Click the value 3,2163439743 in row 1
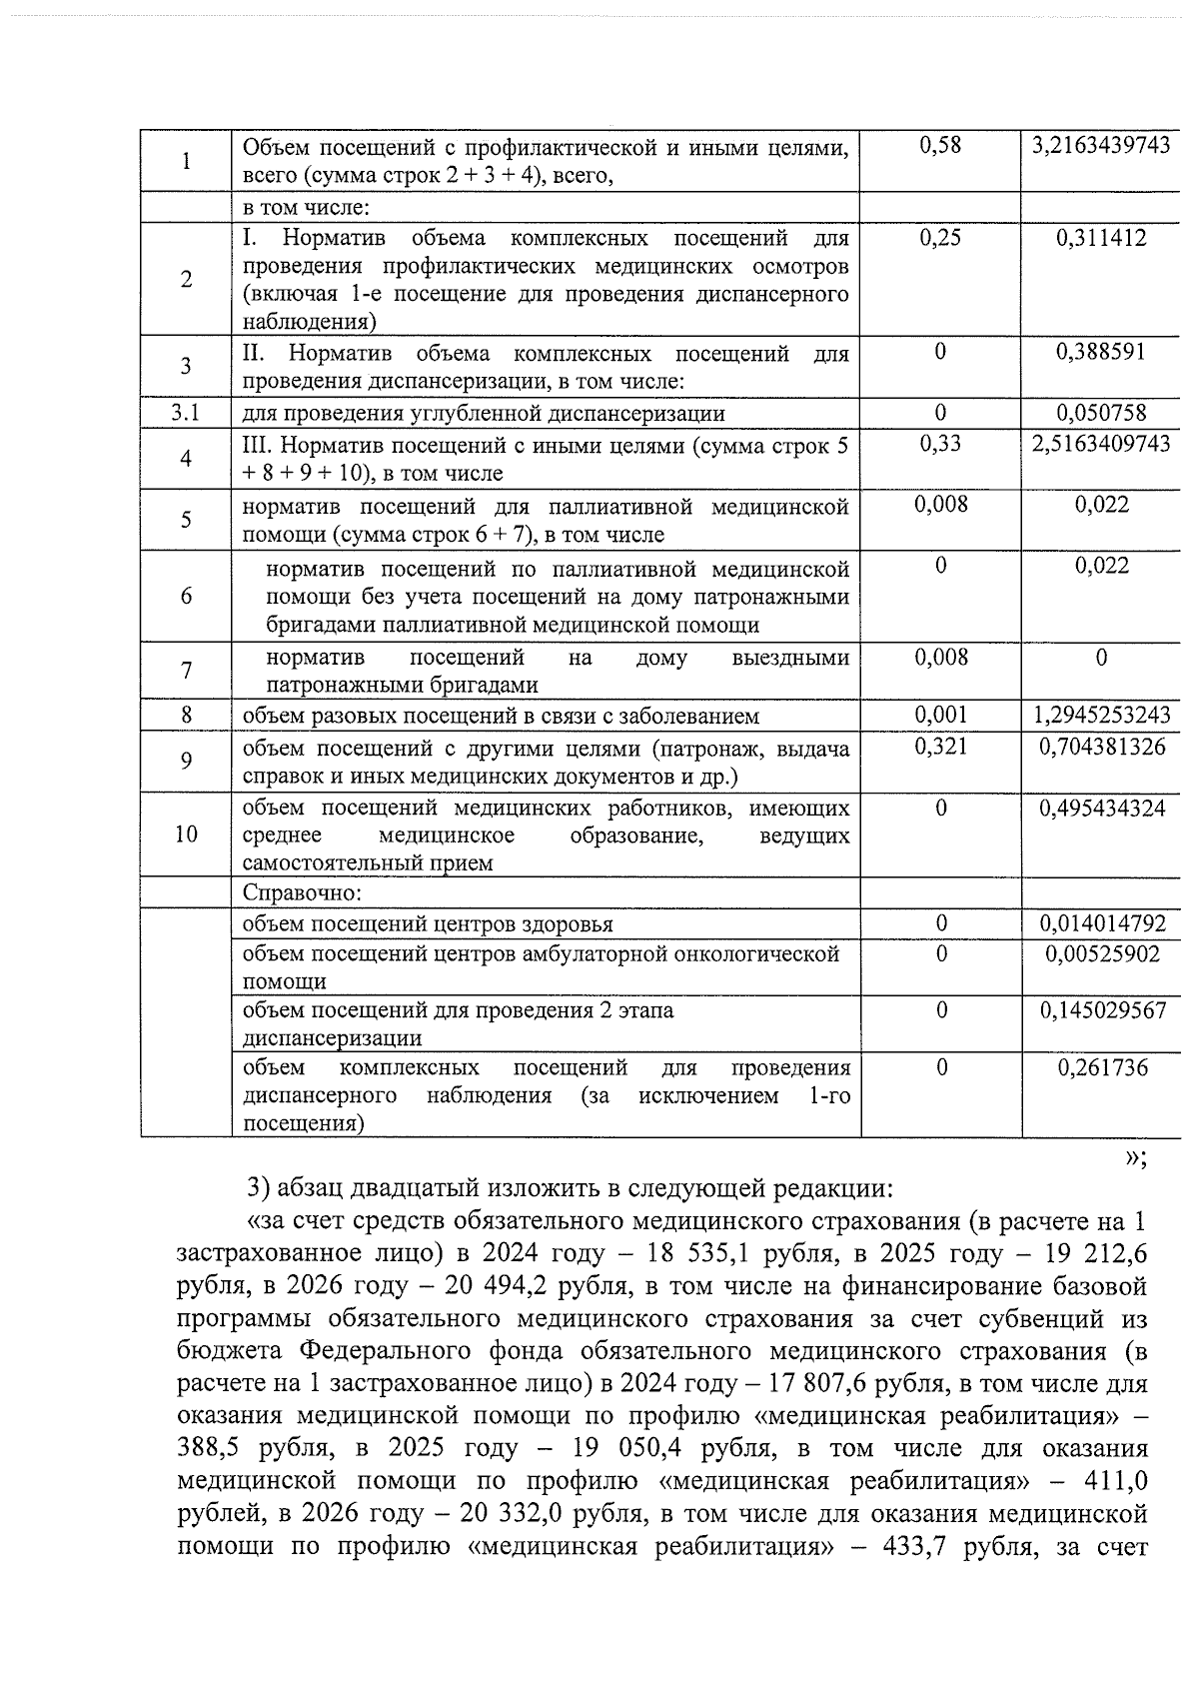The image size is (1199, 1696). click(x=1101, y=146)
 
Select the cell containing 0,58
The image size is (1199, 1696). click(x=939, y=146)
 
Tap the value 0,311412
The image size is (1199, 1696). click(x=1101, y=238)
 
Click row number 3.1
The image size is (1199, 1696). click(x=185, y=413)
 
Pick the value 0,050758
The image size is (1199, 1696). click(x=1101, y=413)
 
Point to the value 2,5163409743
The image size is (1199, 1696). click(x=1101, y=443)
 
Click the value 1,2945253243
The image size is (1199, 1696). click(x=1101, y=716)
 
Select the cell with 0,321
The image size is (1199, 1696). click(x=940, y=747)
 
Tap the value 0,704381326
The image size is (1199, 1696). click(x=1101, y=747)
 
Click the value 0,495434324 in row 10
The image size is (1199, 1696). click(x=1101, y=808)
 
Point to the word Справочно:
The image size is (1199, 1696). click(x=301, y=892)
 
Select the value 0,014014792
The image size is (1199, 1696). click(x=1101, y=923)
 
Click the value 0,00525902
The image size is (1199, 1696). click(x=1101, y=953)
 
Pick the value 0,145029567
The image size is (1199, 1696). click(x=1101, y=1010)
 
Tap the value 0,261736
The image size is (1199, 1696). click(x=1101, y=1067)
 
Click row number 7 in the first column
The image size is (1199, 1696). click(x=185, y=671)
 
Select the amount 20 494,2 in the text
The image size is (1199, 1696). click(x=486, y=1286)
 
